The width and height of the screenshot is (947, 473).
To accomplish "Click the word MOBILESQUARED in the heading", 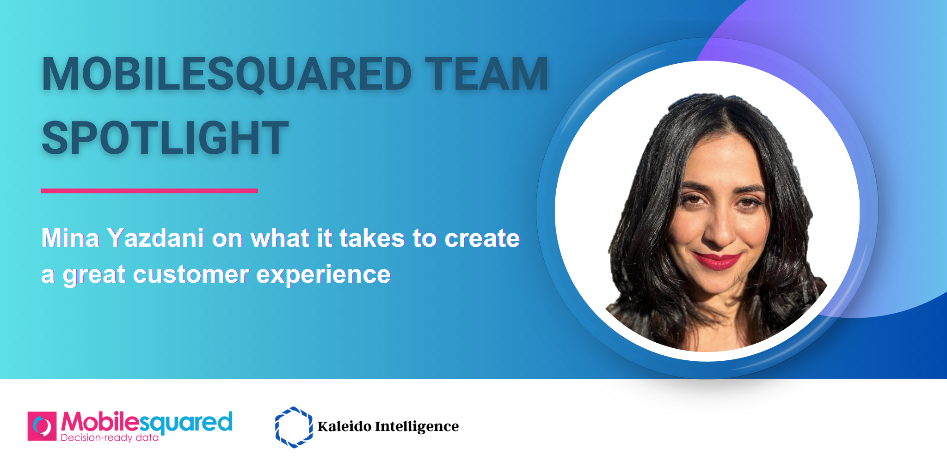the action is (227, 74).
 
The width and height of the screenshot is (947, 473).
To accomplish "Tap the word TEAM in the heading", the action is (487, 74).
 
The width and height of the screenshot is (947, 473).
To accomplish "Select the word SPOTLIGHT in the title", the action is (165, 138).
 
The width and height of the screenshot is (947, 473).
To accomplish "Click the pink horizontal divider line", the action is (149, 191).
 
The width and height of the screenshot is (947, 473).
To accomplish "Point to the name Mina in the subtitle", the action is (70, 238).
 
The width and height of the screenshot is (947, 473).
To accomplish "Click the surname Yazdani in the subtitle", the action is (155, 238).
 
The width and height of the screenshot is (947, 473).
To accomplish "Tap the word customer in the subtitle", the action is (191, 274).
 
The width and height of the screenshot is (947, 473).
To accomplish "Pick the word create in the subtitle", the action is (482, 238).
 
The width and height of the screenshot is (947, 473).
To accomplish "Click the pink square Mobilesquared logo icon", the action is (42, 426).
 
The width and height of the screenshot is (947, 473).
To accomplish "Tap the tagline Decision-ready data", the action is (110, 437).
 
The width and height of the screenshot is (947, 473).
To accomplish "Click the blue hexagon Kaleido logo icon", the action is (294, 427).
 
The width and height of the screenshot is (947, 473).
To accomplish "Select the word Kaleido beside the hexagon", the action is (344, 426).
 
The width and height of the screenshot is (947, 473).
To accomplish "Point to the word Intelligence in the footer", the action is (417, 427).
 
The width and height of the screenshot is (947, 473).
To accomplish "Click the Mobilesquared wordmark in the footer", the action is (147, 423).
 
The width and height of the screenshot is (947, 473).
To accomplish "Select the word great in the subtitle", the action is (94, 275).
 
